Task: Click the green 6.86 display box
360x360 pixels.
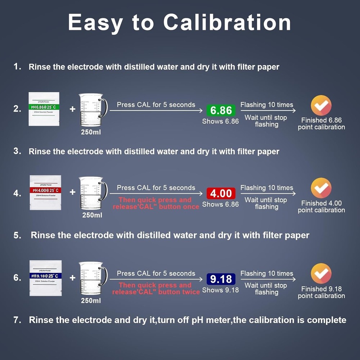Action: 221,110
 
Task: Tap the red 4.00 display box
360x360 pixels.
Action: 221,193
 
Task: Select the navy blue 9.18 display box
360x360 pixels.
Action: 221,279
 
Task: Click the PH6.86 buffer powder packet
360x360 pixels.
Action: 44,109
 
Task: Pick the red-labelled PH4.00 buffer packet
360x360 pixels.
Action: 45,192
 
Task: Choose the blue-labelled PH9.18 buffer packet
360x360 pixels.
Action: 45,278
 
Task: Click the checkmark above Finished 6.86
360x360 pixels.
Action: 321,105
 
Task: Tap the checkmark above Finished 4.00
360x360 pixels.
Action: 321,188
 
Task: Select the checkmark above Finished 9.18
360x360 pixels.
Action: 321,274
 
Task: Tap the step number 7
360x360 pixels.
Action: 17,320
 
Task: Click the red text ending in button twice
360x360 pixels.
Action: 156,288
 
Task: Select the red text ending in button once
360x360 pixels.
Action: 156,203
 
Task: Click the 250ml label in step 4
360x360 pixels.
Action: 92,215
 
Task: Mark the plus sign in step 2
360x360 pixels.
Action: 72,109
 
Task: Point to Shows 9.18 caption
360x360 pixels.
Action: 220,290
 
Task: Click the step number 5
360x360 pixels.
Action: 17,235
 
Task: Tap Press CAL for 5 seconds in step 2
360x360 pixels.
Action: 156,105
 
